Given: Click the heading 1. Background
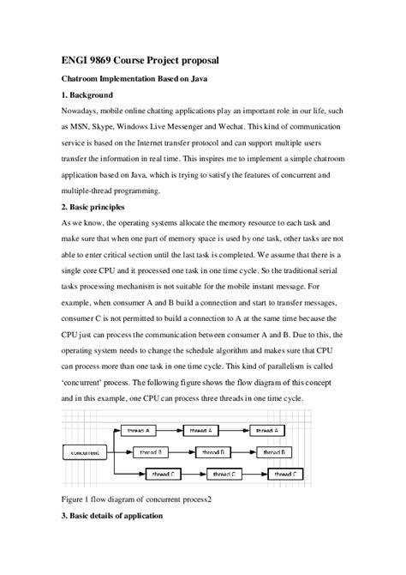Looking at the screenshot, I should (x=99, y=94).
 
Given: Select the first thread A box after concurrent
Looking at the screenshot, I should (x=139, y=429).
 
